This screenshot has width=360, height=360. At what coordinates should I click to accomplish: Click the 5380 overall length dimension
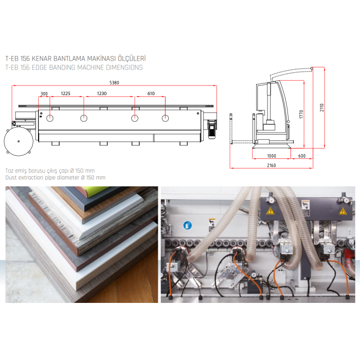coord(114,83)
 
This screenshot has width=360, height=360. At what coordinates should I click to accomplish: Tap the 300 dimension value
coord(44,94)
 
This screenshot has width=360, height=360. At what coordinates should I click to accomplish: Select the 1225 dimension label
coord(65,94)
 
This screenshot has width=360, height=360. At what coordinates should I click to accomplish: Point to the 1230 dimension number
coord(102,94)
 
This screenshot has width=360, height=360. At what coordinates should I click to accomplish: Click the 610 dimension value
coord(151,94)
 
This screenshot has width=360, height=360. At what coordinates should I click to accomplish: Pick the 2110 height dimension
coord(322,107)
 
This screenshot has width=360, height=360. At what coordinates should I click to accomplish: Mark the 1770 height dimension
coord(301,114)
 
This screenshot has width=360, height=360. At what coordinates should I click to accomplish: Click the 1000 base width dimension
coord(272,156)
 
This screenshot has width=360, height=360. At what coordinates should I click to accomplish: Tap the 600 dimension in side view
coord(302,156)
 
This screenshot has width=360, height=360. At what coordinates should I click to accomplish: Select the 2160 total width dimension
coord(271,165)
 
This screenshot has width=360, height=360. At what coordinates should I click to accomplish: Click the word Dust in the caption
coord(11,177)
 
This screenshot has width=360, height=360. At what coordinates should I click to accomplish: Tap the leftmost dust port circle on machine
coord(50,118)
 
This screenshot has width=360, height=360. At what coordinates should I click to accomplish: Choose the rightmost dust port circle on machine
coord(165,118)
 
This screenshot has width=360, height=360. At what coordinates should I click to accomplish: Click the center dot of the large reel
coord(19,141)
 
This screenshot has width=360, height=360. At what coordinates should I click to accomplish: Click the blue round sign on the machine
coord(188,225)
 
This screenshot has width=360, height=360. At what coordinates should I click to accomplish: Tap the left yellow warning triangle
coord(270,210)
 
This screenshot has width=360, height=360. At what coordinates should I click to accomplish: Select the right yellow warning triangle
coord(343,211)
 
